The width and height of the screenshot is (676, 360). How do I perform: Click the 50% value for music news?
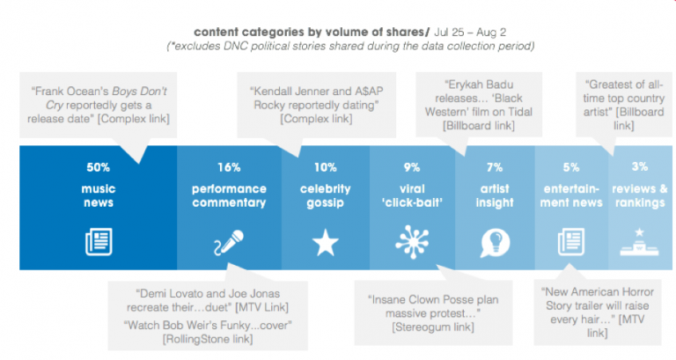pos(98,167)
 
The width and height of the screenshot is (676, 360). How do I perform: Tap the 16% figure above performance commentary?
pos(229,167)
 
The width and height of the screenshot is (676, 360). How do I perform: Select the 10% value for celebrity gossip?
pos(326,167)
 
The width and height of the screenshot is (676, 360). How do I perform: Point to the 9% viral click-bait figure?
pos(411,167)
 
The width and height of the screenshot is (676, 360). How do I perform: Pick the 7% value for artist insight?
pos(495,167)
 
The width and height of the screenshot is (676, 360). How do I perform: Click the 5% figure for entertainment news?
pos(572,167)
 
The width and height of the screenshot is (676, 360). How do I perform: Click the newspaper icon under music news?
pos(98,241)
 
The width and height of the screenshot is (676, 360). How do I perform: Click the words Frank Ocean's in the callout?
pos(71,90)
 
